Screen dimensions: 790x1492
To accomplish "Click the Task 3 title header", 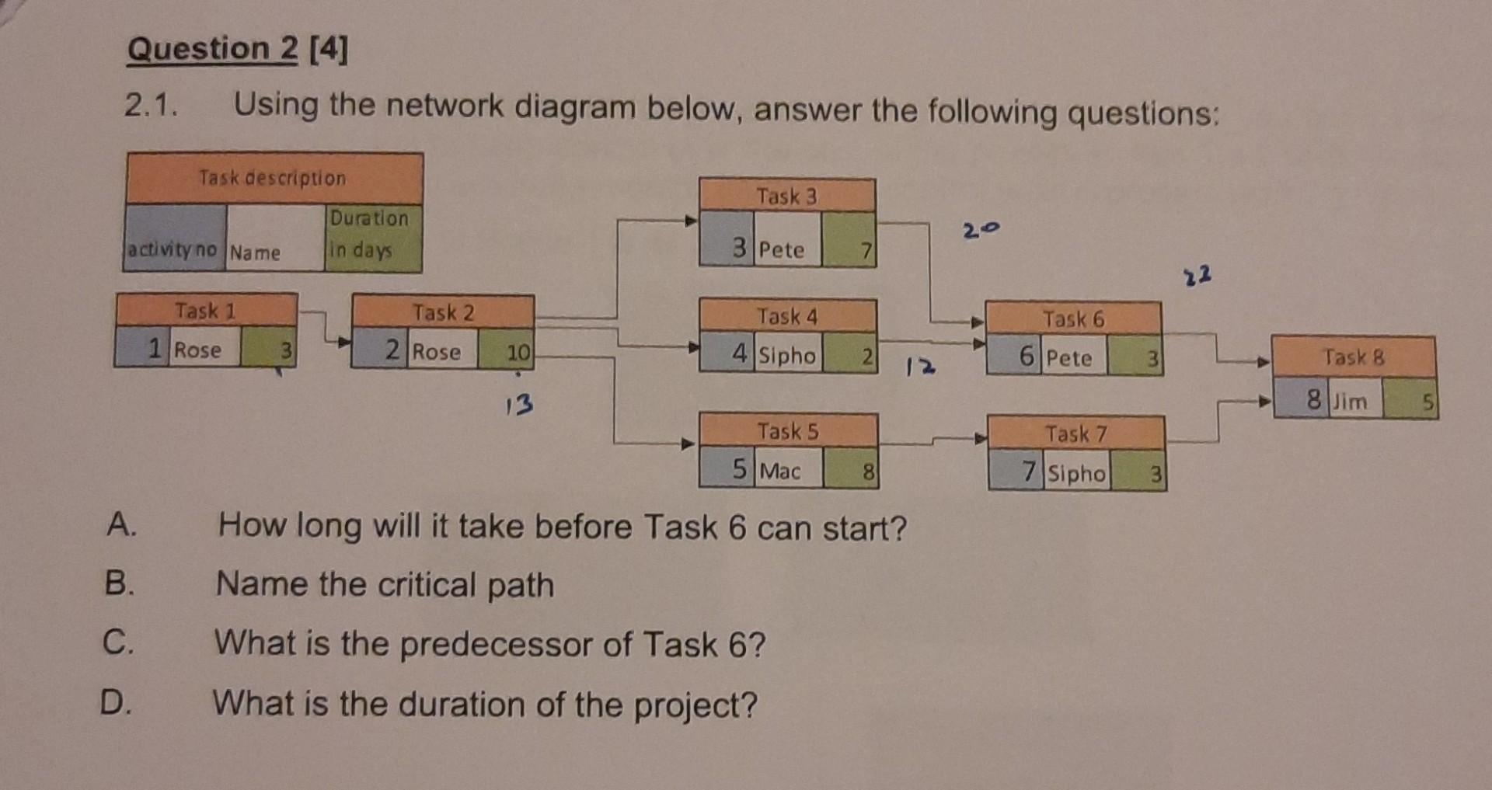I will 786,195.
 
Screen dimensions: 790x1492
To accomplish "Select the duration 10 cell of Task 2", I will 506,351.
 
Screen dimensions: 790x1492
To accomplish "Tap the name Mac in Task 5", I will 780,471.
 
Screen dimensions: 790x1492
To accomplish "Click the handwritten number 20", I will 981,230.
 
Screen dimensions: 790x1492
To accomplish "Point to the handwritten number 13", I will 519,404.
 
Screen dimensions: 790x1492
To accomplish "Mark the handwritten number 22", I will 1197,276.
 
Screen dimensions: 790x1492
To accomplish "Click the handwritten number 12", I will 921,366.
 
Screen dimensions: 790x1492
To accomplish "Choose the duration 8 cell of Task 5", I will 851,471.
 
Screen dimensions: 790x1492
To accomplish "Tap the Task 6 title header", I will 1073,318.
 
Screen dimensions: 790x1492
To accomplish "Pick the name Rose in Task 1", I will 197,350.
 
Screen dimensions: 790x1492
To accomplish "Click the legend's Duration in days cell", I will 371,235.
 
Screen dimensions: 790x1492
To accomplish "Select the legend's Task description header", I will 272,178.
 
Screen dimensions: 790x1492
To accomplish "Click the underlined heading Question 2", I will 212,49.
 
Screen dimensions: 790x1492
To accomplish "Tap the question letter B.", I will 120,583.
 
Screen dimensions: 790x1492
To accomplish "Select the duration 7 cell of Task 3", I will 849,249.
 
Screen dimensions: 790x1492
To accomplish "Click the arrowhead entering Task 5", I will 688,444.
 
